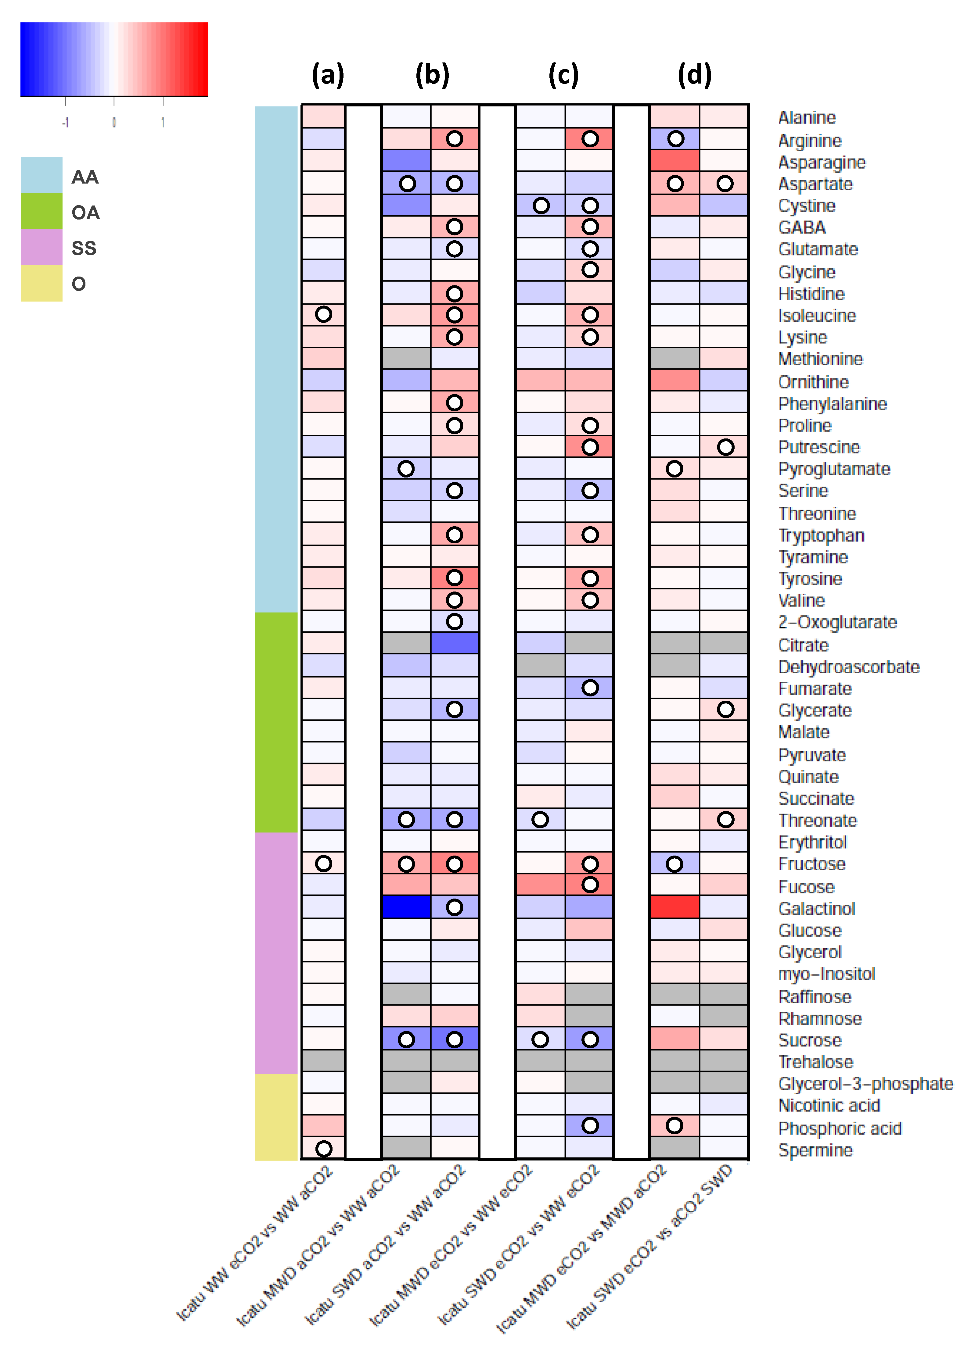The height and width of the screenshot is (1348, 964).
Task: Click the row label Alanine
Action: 807,117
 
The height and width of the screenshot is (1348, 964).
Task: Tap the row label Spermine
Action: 815,1150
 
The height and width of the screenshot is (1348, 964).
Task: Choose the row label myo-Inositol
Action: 826,974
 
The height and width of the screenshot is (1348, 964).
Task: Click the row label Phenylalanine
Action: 832,403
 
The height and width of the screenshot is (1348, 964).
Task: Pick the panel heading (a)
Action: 328,75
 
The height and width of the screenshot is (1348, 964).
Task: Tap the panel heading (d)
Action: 695,75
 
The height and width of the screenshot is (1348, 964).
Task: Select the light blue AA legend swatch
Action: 41,175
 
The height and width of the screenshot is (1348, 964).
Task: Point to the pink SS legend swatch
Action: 41,247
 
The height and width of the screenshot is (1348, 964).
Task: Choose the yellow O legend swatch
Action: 41,283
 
